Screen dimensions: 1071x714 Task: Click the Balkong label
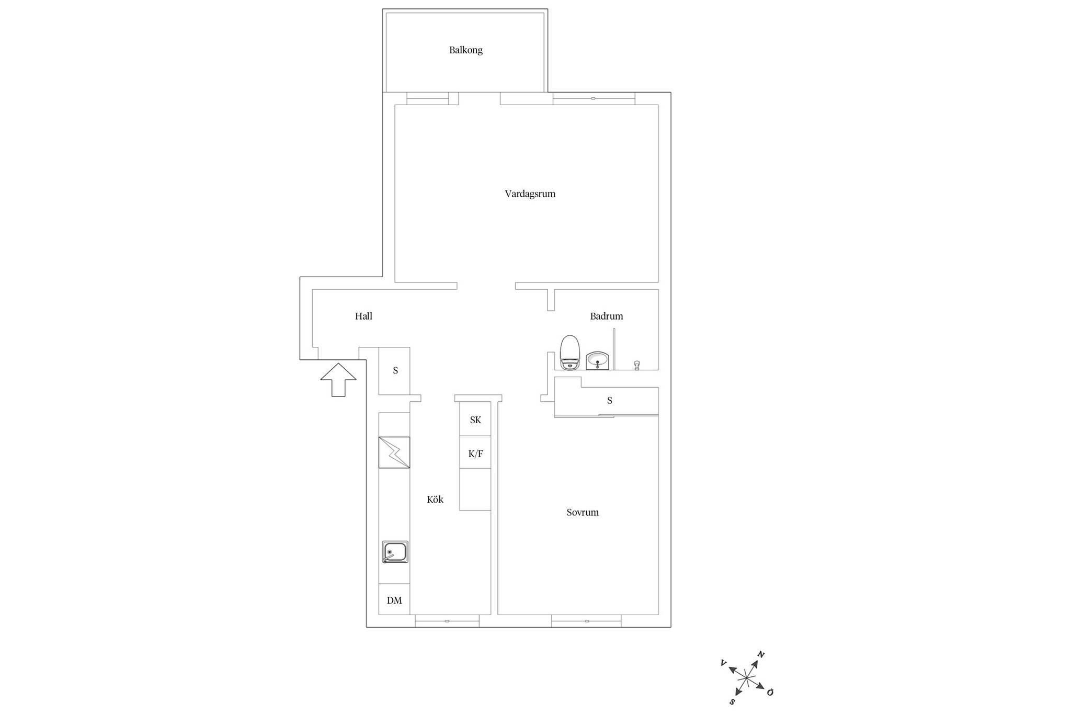click(x=465, y=50)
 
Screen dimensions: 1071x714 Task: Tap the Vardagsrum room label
click(x=530, y=194)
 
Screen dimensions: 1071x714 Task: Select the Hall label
click(x=363, y=316)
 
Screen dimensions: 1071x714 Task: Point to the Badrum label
click(x=606, y=316)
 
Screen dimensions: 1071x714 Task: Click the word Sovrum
click(x=582, y=512)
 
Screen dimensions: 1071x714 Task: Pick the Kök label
click(x=435, y=499)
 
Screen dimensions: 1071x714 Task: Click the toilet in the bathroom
click(x=569, y=353)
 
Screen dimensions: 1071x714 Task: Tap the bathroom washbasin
click(x=597, y=360)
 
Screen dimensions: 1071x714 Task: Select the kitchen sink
click(x=395, y=552)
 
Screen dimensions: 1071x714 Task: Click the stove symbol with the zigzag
click(x=394, y=452)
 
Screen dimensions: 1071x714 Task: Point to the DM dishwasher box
click(x=394, y=599)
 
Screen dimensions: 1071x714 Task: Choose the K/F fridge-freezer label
click(x=475, y=454)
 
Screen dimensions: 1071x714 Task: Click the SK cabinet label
click(x=475, y=420)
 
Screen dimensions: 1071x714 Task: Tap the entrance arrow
click(x=338, y=380)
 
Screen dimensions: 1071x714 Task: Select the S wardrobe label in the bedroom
click(x=609, y=401)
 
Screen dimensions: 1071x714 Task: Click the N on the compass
click(x=761, y=654)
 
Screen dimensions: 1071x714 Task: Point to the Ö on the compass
click(x=770, y=692)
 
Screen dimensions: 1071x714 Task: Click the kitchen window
click(x=447, y=621)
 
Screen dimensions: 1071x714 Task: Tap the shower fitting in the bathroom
click(x=637, y=365)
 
